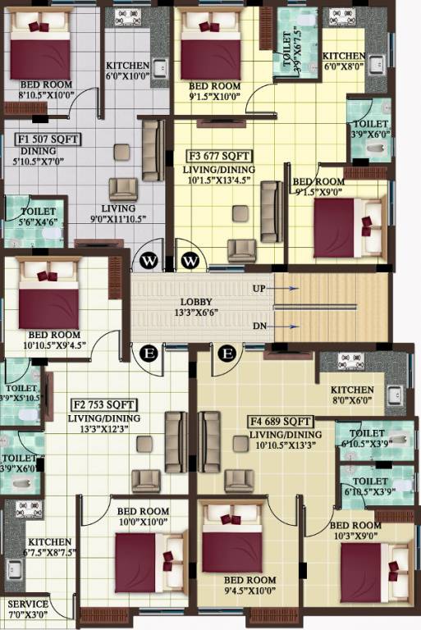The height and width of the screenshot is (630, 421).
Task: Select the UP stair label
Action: point(259,290)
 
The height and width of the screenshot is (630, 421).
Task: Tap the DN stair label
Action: point(259,326)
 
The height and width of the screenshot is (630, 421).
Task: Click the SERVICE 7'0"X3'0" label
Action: point(28,609)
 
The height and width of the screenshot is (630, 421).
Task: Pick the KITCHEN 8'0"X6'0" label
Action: point(352,395)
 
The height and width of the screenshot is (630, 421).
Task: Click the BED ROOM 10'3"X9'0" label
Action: point(355,530)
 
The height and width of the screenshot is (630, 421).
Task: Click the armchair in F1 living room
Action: point(123,189)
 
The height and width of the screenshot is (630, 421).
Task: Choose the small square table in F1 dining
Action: point(121,151)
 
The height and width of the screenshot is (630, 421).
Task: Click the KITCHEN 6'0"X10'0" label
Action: point(127,71)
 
